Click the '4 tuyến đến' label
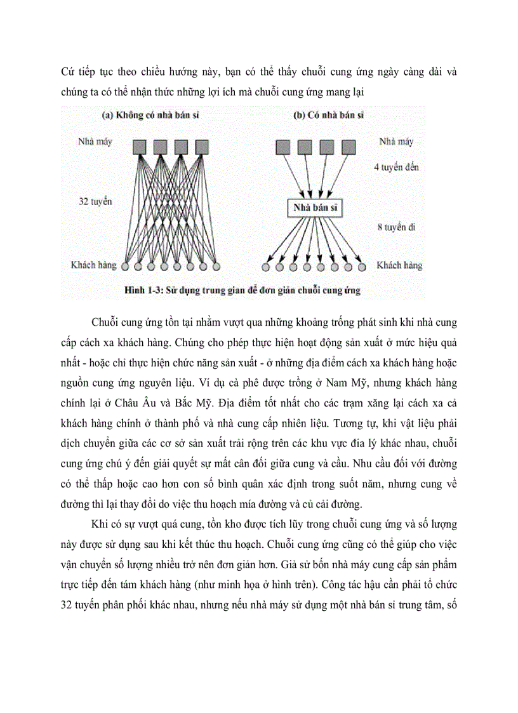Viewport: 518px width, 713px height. pyautogui.click(x=397, y=168)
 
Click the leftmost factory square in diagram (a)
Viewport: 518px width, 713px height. pyautogui.click(x=140, y=147)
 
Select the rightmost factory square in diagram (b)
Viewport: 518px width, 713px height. pyautogui.click(x=348, y=147)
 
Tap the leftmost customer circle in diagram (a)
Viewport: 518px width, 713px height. pyautogui.click(x=124, y=265)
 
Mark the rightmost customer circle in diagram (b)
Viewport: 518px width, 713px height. pyautogui.click(x=362, y=266)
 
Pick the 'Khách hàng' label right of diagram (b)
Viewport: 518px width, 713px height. pyautogui.click(x=399, y=265)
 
